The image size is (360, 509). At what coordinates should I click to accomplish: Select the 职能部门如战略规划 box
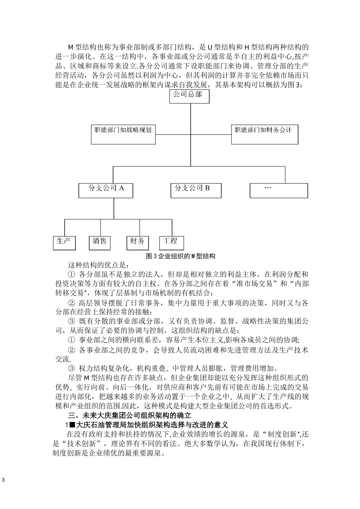click(x=123, y=134)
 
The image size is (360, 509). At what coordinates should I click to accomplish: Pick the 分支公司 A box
click(x=106, y=190)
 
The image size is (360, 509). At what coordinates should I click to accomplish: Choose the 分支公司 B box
click(x=196, y=190)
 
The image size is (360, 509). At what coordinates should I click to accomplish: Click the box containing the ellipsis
click(x=272, y=190)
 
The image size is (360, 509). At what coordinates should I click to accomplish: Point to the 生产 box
click(x=64, y=243)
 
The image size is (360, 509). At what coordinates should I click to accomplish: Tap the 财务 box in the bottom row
click(x=137, y=243)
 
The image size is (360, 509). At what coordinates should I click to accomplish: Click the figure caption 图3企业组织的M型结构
click(x=180, y=256)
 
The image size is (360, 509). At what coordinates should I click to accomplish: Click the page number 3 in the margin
click(x=3, y=481)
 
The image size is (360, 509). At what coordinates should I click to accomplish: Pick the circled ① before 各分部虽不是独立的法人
click(x=71, y=274)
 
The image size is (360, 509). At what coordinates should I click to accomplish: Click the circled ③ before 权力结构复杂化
click(x=71, y=368)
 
